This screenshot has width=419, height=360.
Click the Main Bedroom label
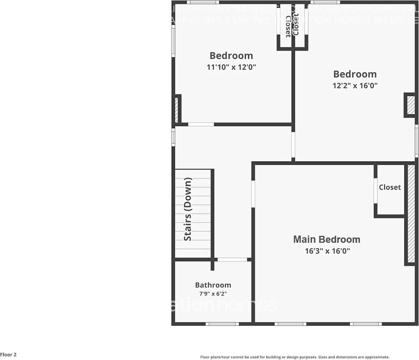click(x=327, y=239)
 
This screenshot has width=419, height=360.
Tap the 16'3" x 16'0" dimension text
click(x=327, y=251)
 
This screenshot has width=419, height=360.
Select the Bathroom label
click(x=213, y=285)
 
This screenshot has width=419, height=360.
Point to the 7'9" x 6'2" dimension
click(x=213, y=294)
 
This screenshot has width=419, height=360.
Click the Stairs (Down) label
click(x=188, y=209)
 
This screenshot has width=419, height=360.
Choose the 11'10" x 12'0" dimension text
click(x=231, y=67)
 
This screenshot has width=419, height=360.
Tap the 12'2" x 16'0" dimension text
click(x=355, y=85)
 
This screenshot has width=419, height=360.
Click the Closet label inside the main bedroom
click(x=390, y=187)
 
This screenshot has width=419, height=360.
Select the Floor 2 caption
click(x=9, y=355)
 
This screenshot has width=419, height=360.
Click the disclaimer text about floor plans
click(x=295, y=357)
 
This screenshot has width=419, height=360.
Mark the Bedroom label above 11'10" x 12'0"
click(x=231, y=56)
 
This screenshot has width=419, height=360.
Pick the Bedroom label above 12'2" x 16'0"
click(x=355, y=74)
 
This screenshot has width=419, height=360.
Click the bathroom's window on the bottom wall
click(x=222, y=324)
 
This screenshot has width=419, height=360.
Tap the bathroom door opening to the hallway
click(x=232, y=260)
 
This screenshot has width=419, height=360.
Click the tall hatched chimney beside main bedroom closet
click(x=411, y=214)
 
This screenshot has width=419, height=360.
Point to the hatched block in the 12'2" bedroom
click(x=410, y=105)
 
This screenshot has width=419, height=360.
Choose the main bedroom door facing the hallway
click(x=253, y=194)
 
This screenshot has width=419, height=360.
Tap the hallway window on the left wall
click(x=173, y=137)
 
